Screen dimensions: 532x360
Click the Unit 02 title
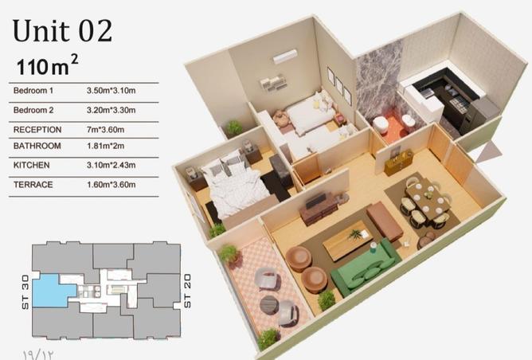tap(62, 31)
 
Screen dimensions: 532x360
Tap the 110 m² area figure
tap(47, 65)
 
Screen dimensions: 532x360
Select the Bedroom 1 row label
tap(33, 91)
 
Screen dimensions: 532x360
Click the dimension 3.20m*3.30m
tap(111, 110)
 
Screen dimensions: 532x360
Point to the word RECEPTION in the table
tap(37, 130)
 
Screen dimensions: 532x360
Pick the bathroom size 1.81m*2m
tap(105, 146)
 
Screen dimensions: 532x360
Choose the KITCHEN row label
tap(32, 165)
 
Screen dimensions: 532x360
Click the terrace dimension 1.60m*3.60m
tap(111, 185)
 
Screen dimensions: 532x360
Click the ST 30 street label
tap(25, 292)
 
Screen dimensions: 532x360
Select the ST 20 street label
tap(187, 291)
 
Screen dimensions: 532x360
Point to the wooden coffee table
tap(349, 240)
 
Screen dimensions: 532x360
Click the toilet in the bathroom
tap(381, 123)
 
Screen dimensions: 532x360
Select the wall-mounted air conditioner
tap(285, 57)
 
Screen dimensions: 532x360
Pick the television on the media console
tap(316, 201)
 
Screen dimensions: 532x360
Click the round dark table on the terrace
tap(269, 304)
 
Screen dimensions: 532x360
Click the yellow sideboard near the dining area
tap(398, 162)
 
